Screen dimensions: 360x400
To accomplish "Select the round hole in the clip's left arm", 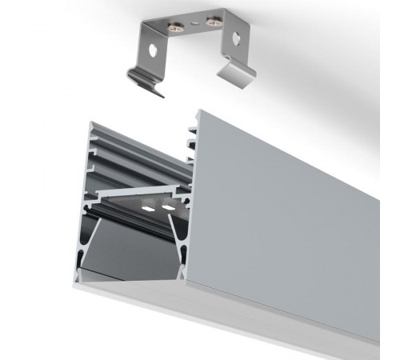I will coord(152,50).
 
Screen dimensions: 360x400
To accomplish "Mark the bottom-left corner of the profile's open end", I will coord(78,284).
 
